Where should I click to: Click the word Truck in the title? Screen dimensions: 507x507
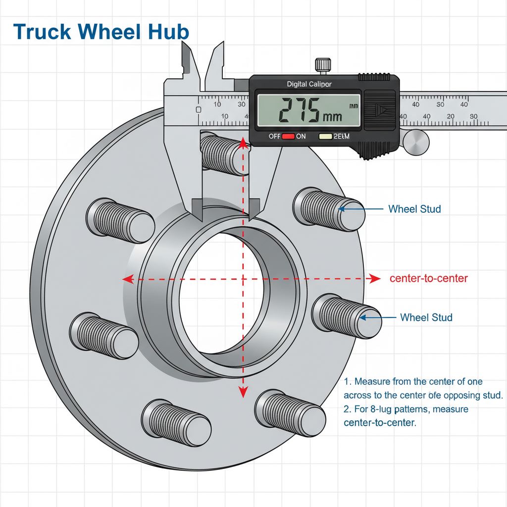(43, 32)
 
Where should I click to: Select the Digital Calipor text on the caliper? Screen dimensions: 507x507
(309, 84)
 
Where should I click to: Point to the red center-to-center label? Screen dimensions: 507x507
(428, 278)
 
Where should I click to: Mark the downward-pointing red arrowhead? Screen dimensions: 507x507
(243, 393)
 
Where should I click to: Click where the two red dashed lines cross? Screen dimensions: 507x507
(243, 279)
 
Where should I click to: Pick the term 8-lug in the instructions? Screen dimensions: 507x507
(382, 409)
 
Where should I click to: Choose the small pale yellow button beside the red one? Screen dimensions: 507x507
(326, 136)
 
